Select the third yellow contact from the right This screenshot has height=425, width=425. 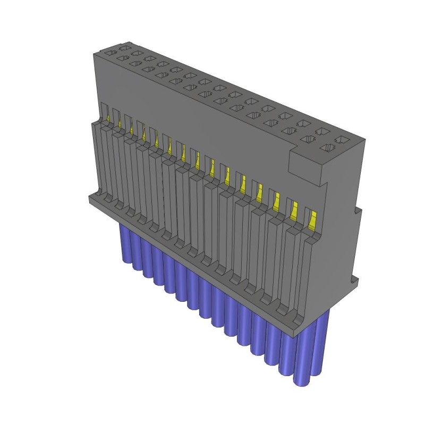(277, 201)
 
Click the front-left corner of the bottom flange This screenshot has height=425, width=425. (90, 199)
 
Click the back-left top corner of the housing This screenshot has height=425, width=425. (96, 53)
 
